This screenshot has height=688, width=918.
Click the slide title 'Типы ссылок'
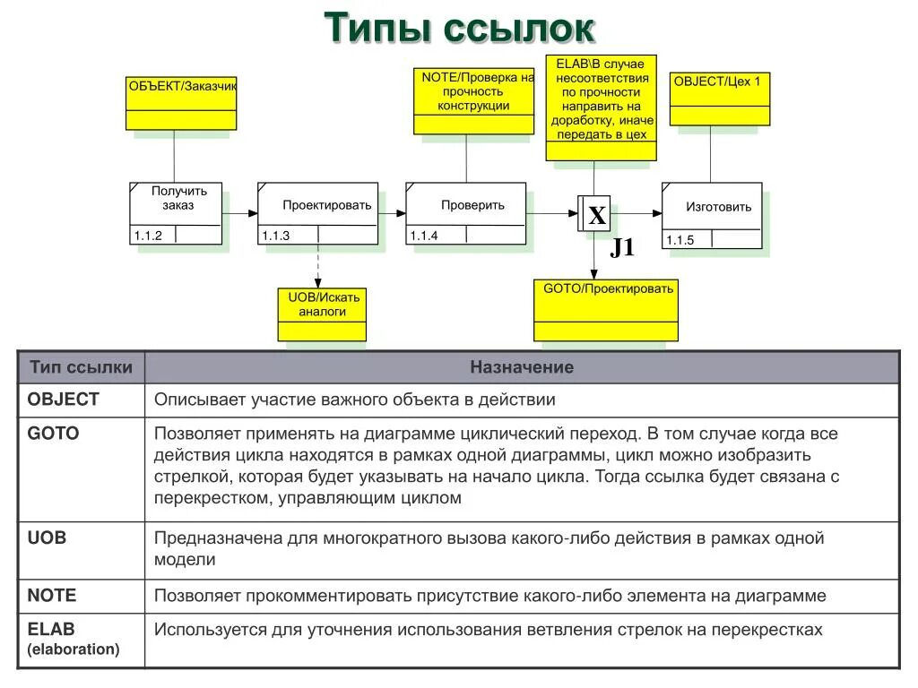[x=458, y=28]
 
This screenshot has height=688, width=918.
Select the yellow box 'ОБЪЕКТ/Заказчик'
[x=181, y=103]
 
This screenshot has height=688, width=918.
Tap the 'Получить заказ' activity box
[x=176, y=213]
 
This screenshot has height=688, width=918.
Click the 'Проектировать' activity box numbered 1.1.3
[x=317, y=213]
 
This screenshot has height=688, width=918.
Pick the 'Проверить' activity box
[x=465, y=213]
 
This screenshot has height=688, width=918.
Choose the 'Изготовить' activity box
[x=712, y=215]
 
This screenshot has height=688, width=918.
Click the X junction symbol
[x=596, y=215]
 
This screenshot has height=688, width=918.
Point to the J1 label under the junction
[x=622, y=248]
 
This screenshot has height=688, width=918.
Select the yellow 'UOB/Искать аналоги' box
[x=322, y=314]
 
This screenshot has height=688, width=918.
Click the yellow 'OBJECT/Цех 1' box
[x=720, y=99]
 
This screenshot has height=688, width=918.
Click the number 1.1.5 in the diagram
[x=679, y=240]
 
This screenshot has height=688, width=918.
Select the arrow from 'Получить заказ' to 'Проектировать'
[x=239, y=213]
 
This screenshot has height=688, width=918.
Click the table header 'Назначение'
[x=522, y=367]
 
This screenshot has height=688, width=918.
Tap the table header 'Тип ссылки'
[x=81, y=367]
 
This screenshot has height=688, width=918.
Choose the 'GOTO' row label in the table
[x=54, y=434]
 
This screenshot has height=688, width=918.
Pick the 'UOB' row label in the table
[x=48, y=538]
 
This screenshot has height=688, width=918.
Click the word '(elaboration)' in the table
[x=74, y=649]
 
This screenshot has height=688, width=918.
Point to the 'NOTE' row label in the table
[x=52, y=596]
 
